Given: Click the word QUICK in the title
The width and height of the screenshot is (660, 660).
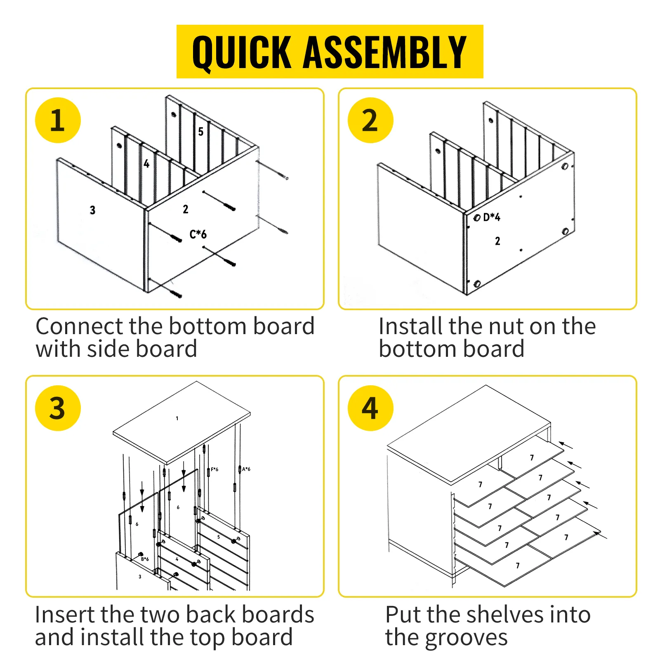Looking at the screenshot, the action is pyautogui.click(x=242, y=53).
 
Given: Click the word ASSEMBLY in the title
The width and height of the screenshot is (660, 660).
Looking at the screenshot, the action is pyautogui.click(x=385, y=52).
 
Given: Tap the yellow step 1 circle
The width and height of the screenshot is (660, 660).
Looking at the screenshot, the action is pyautogui.click(x=58, y=120).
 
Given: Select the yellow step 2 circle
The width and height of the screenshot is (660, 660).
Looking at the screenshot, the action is pyautogui.click(x=370, y=120).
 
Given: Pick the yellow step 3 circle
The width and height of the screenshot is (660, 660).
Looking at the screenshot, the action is pyautogui.click(x=58, y=408).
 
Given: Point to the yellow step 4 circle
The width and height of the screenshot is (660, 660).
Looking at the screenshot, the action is pyautogui.click(x=370, y=408).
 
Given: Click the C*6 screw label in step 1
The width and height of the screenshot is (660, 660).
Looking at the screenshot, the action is pyautogui.click(x=198, y=234).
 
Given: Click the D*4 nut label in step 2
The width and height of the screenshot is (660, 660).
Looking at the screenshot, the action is pyautogui.click(x=492, y=217).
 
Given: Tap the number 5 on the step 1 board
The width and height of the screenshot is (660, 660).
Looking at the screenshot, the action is pyautogui.click(x=201, y=132).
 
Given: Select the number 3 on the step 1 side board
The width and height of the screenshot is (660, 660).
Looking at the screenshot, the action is pyautogui.click(x=92, y=210).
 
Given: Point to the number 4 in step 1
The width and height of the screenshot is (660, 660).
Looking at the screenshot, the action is pyautogui.click(x=146, y=164).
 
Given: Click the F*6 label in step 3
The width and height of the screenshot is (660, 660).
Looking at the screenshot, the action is pyautogui.click(x=214, y=469).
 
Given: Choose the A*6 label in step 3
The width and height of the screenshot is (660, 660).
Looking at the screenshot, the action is pyautogui.click(x=246, y=469).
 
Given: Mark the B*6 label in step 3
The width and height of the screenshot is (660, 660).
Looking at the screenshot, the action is pyautogui.click(x=145, y=559).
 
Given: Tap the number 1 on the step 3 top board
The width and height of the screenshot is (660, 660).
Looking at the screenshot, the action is pyautogui.click(x=177, y=418).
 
